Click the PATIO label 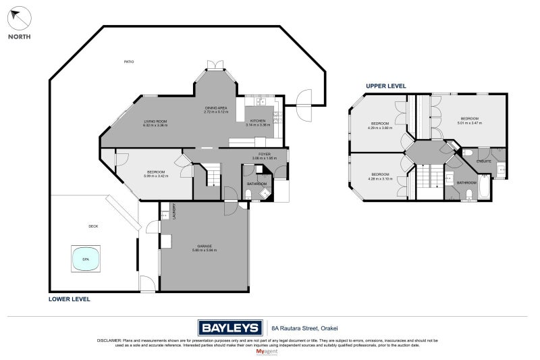point(128,61)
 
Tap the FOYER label point(262,154)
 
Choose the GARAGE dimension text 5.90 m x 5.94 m point(205,250)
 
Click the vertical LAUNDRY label point(174,211)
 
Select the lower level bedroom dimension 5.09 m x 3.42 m point(155,176)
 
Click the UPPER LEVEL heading point(385,86)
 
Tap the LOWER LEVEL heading point(70,299)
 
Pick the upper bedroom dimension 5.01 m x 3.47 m point(470,123)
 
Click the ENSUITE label point(483,161)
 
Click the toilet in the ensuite point(468,153)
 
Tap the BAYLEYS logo point(230,328)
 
